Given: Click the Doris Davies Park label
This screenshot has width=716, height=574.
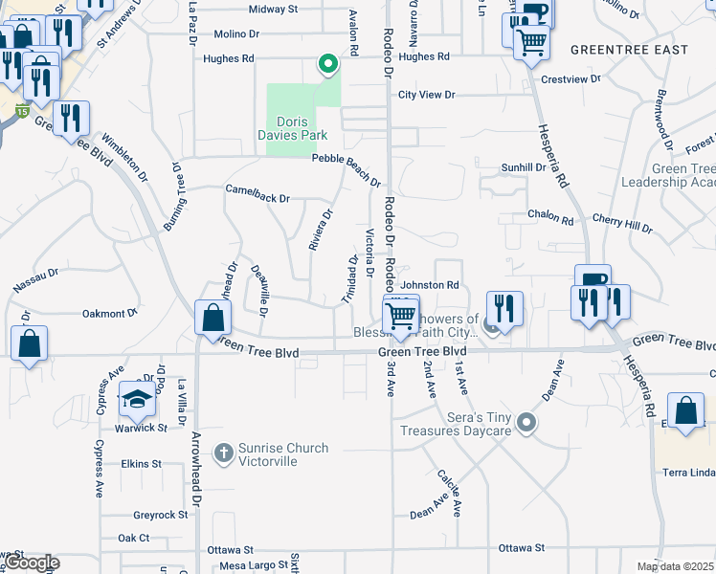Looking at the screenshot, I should tap(302, 128).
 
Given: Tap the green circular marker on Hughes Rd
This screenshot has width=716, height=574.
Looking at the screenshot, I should tap(328, 65).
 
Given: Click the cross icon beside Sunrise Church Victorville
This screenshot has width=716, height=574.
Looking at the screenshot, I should tap(223, 453).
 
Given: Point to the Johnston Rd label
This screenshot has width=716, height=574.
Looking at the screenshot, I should tap(430, 285).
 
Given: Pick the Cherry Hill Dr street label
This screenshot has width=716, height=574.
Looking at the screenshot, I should tap(621, 224).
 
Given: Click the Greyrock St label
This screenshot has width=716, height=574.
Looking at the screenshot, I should tap(161, 515).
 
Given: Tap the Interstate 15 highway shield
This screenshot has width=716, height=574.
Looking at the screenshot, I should tap(21, 112).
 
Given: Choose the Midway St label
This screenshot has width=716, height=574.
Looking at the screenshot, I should tap(273, 9).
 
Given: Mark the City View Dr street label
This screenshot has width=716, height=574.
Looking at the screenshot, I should tap(427, 95).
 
